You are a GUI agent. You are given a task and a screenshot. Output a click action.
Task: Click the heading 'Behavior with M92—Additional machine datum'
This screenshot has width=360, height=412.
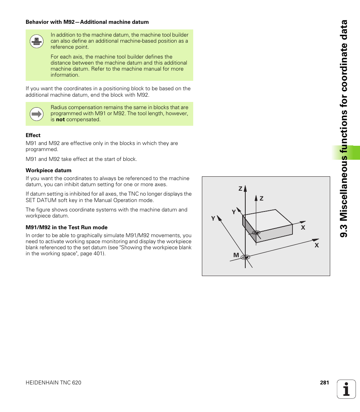pos(87,22)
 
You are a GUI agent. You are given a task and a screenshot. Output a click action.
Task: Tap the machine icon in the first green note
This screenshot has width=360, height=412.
pos(37,41)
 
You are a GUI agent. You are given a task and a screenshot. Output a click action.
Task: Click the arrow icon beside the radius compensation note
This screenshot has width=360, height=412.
pos(37,114)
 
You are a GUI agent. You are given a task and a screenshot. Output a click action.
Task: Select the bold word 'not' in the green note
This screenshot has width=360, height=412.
pos(60,120)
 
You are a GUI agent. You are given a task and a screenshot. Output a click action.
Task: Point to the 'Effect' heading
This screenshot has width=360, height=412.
pos(33,135)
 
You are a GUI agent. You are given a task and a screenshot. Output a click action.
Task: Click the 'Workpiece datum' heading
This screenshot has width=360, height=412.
pos(48,170)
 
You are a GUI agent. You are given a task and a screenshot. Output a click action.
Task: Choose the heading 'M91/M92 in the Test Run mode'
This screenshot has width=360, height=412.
pos(66,227)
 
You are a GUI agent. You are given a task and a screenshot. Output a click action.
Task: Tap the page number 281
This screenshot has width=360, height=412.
pos(325,383)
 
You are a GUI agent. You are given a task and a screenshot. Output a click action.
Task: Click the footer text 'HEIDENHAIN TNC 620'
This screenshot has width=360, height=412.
pos(53,383)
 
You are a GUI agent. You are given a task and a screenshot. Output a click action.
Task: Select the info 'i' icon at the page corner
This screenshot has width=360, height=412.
pos(346,389)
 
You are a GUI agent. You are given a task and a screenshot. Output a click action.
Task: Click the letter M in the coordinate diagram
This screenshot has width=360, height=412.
pos(236,255)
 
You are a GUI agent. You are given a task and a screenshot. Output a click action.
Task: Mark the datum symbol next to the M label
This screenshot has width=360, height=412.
pos(246,257)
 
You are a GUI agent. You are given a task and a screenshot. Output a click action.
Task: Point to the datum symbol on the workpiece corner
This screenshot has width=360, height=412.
pos(256,233)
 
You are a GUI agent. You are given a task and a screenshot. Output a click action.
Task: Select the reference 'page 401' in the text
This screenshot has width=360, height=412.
pos(94,253)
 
